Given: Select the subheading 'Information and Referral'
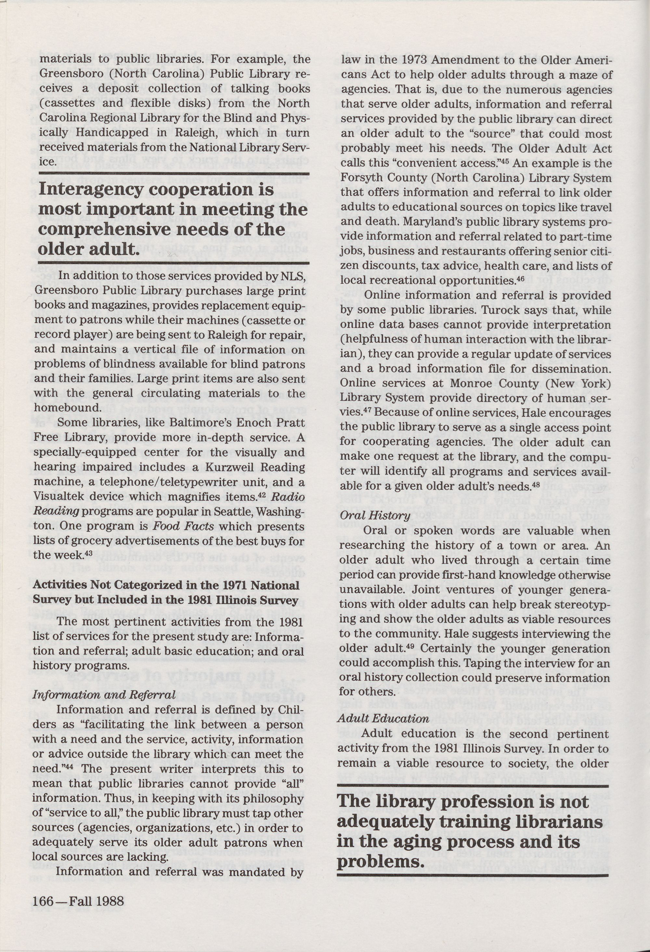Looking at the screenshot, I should (x=104, y=695).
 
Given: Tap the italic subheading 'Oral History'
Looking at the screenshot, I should (x=375, y=515).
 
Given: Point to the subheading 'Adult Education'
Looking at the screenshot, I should (x=383, y=718).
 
